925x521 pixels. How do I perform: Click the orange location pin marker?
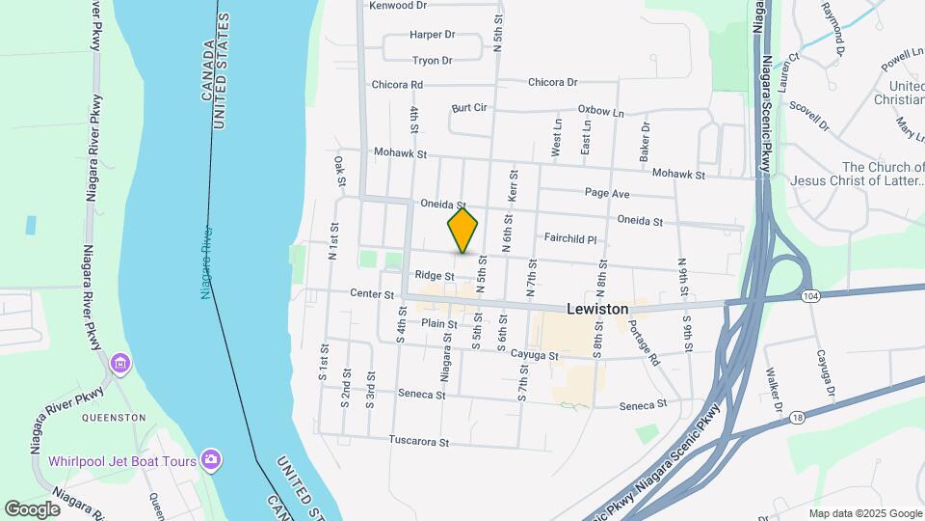[462, 230]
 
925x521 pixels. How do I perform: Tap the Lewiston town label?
[597, 309]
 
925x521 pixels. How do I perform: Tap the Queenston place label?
[114, 418]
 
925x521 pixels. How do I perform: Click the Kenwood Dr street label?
[398, 6]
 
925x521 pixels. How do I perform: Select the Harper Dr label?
[432, 35]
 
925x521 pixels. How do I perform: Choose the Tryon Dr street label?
[432, 61]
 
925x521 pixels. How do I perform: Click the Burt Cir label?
[469, 108]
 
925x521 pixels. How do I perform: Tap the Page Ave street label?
[607, 194]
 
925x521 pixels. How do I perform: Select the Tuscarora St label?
[419, 442]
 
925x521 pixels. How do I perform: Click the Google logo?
[32, 508]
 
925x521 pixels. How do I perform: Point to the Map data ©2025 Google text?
[864, 513]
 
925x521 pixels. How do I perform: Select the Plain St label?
[438, 324]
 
